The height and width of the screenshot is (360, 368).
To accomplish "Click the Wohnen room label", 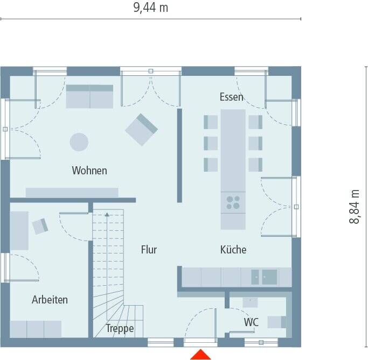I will click(x=89, y=171).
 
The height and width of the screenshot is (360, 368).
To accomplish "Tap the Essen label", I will click(x=231, y=97).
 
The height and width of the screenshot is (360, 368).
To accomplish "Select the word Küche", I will click(x=233, y=250).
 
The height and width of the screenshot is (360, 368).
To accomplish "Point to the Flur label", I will click(x=149, y=250).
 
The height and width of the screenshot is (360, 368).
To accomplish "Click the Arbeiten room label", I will click(x=50, y=300).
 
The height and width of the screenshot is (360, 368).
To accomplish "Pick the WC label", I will click(x=251, y=322).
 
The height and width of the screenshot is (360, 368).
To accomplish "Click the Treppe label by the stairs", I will click(x=120, y=328).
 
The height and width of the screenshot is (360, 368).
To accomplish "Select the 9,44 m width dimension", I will click(x=150, y=8).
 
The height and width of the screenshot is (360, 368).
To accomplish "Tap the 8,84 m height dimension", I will click(x=355, y=207).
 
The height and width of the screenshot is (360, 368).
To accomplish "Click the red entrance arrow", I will click(x=200, y=354).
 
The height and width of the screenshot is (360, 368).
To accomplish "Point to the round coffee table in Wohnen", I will click(x=79, y=142).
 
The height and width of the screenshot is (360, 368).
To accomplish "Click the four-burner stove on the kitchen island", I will click(x=233, y=202).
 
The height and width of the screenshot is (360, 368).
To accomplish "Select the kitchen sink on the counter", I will click(x=264, y=277).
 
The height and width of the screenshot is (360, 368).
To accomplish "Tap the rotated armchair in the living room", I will click(x=142, y=129).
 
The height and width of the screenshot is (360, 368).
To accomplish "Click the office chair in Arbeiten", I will click(x=40, y=227).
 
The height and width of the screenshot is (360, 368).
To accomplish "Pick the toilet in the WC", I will click(x=276, y=322).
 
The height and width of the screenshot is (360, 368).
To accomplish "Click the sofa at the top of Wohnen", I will click(x=89, y=96).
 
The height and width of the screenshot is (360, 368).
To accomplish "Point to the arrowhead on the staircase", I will click(x=107, y=215).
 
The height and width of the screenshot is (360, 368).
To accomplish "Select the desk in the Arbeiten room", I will click(x=19, y=230).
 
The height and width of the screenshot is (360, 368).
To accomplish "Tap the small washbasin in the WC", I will click(x=250, y=302).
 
